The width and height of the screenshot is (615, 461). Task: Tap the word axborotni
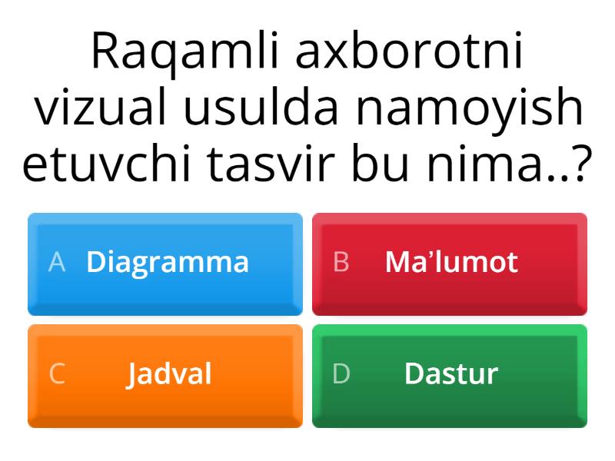(x=409, y=51)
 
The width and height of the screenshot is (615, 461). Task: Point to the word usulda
(x=261, y=106)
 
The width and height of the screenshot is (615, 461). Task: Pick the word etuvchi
(x=107, y=161)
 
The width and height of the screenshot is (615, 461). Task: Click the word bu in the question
(x=380, y=161)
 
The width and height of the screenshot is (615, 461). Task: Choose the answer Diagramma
(x=168, y=263)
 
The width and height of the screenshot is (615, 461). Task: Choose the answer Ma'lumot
(x=451, y=261)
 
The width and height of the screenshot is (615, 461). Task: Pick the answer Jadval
(x=169, y=374)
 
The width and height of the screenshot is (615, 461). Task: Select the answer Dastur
(x=451, y=373)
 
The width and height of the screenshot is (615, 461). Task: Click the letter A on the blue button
(x=56, y=261)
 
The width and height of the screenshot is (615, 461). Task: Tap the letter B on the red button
(x=341, y=261)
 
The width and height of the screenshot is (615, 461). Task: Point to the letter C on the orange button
(x=57, y=373)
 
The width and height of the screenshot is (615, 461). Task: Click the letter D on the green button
(x=341, y=373)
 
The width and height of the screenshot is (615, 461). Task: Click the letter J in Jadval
(x=132, y=375)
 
